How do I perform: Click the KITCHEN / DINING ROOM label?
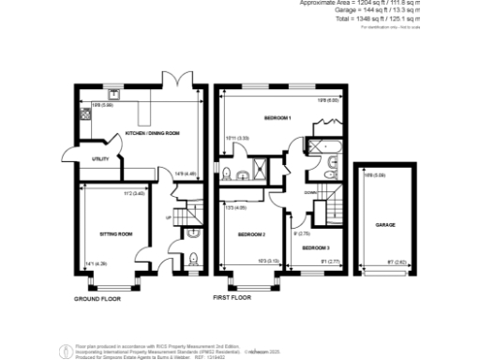[x=153, y=134]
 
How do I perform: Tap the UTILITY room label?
[x=100, y=159]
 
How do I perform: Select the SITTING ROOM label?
[x=116, y=232]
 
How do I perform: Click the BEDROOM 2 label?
[x=251, y=233]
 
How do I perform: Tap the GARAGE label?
[x=385, y=226]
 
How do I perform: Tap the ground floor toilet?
[x=193, y=260]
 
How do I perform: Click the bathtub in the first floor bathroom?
[x=329, y=144]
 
